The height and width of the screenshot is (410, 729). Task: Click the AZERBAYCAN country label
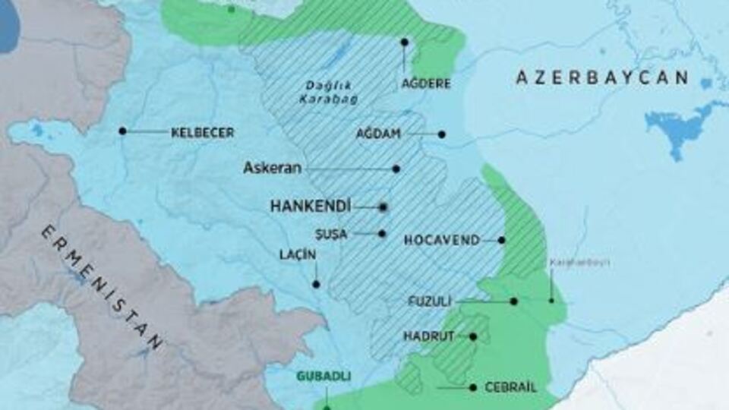click(x=602, y=77)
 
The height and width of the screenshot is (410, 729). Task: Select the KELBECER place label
click(x=202, y=132)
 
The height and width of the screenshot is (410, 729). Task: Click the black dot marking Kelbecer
click(x=122, y=131)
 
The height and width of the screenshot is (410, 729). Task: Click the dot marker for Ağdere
click(x=404, y=43)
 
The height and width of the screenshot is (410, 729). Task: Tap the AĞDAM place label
click(x=379, y=134)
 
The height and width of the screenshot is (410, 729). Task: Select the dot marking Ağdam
click(x=441, y=134)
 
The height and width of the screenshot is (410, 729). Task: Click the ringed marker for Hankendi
click(x=383, y=206)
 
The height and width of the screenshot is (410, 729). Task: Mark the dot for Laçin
click(x=316, y=284)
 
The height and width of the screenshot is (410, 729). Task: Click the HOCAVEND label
click(x=441, y=240)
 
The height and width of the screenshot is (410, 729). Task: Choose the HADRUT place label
click(x=429, y=336)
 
